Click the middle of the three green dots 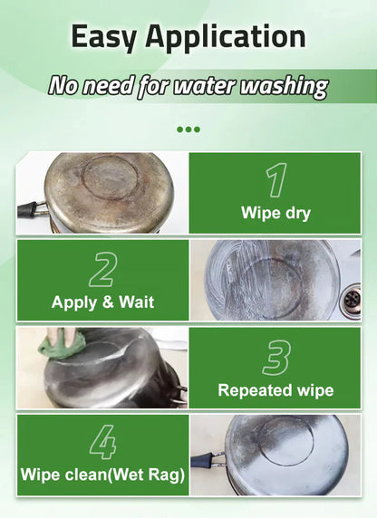pyautogui.click(x=188, y=129)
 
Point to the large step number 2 pyautogui.click(x=102, y=269)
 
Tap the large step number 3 pyautogui.click(x=275, y=357)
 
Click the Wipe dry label pyautogui.click(x=275, y=214)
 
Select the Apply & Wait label pyautogui.click(x=102, y=302)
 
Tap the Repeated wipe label pyautogui.click(x=275, y=390)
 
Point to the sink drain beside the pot pyautogui.click(x=352, y=298)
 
